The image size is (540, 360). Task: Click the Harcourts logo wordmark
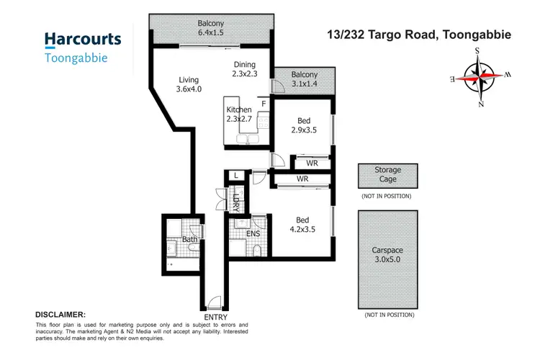tap(83, 39)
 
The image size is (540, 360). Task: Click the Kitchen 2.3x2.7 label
tap(240, 114)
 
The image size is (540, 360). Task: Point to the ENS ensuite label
tap(253, 233)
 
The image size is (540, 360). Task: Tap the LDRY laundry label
tap(235, 200)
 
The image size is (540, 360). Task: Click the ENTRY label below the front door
tap(215, 317)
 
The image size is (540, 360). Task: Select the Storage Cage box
tap(387, 175)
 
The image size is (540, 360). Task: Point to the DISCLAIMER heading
tap(60, 315)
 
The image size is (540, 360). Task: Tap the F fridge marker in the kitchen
tap(264, 104)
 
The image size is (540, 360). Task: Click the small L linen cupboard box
tap(235, 175)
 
